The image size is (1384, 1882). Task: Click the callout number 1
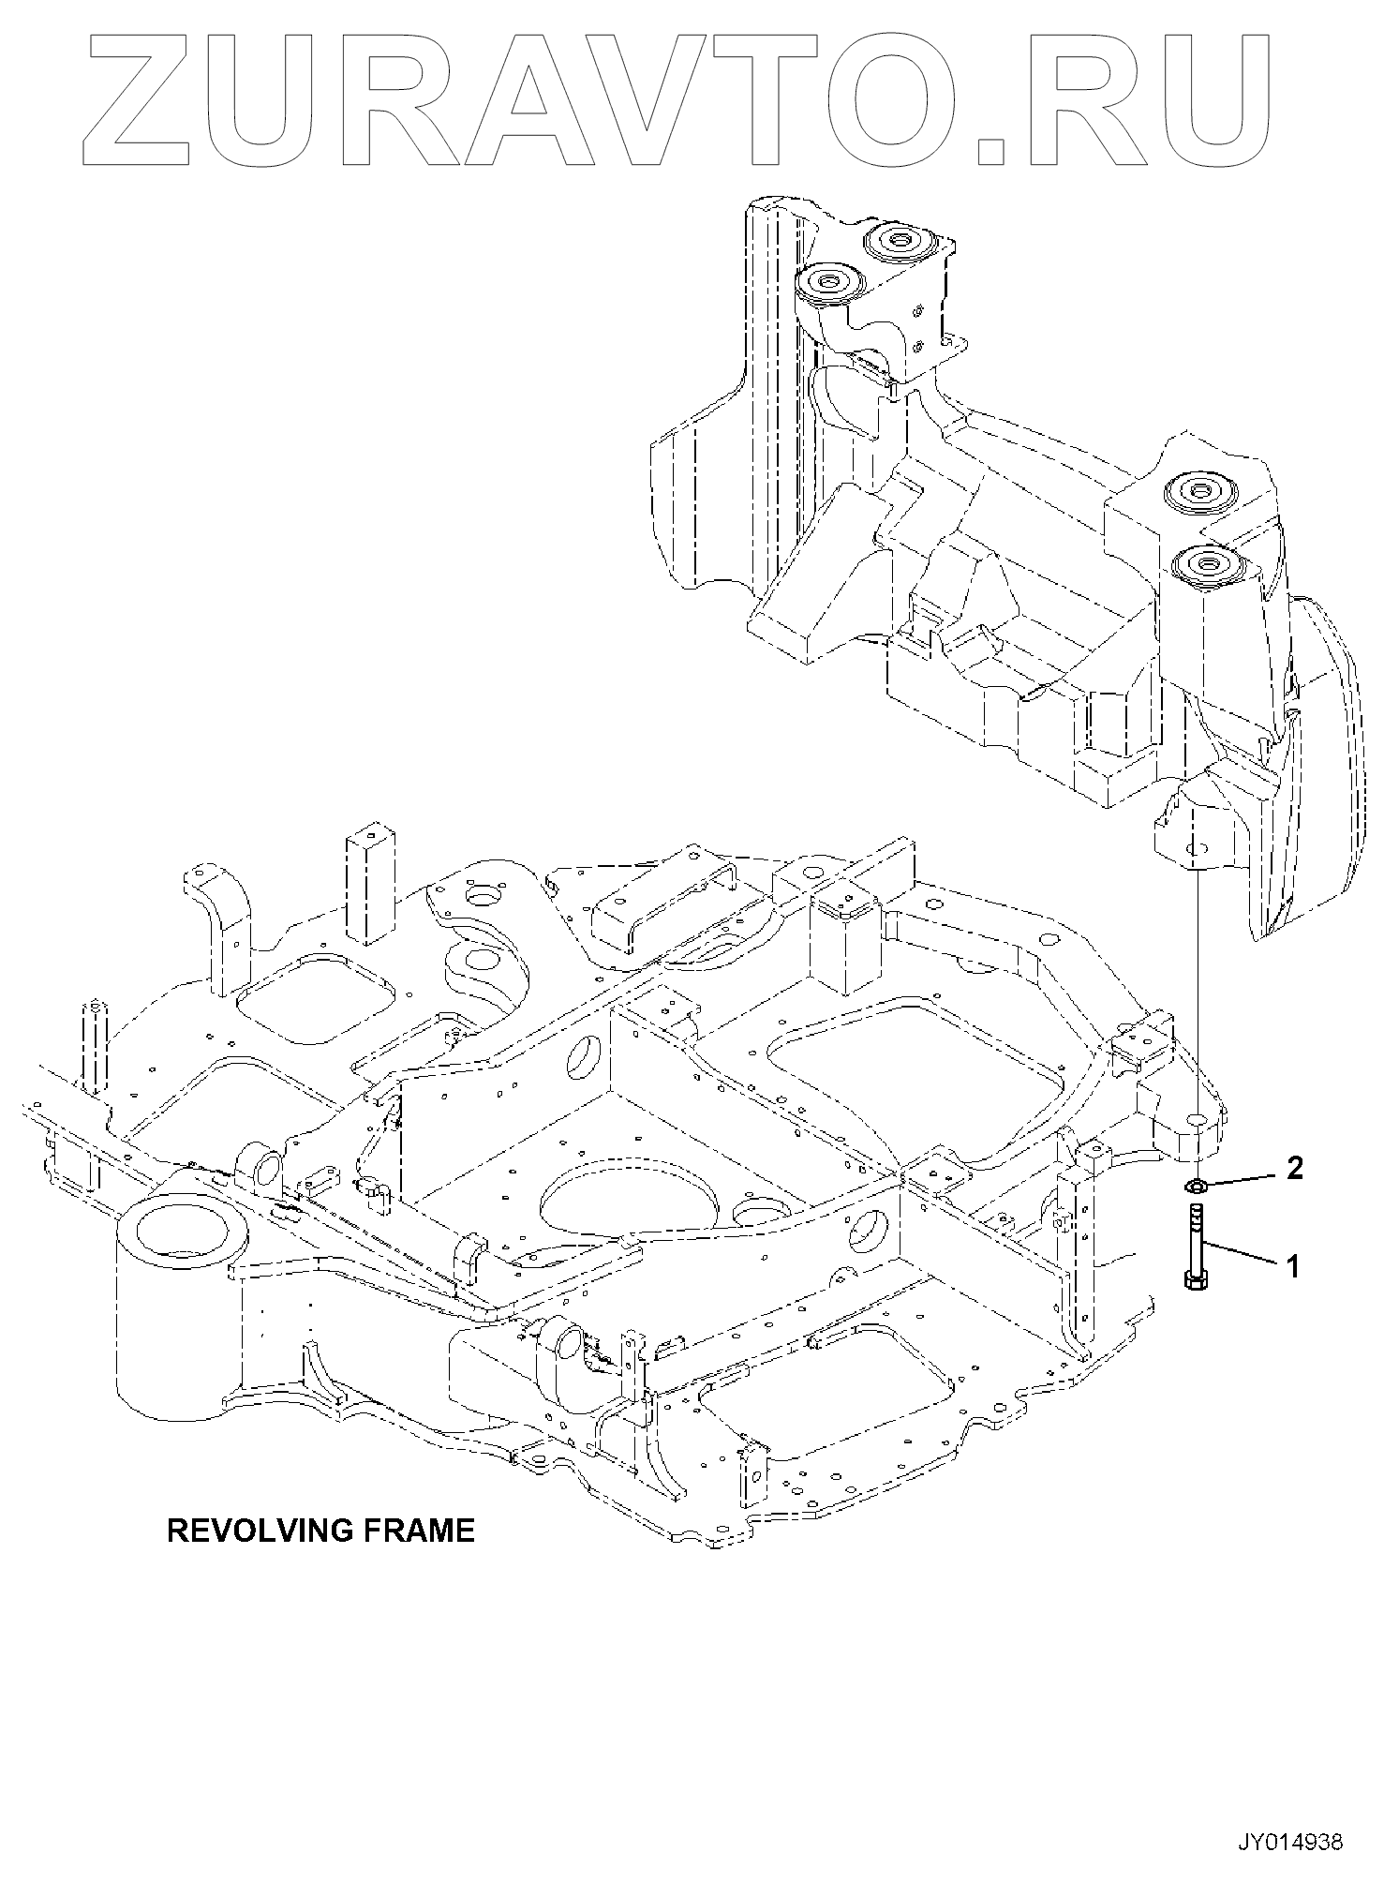[1293, 1267]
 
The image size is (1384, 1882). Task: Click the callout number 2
[1294, 1168]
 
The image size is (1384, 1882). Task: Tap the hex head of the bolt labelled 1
[1196, 1281]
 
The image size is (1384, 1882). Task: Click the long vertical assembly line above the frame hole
[1197, 984]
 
